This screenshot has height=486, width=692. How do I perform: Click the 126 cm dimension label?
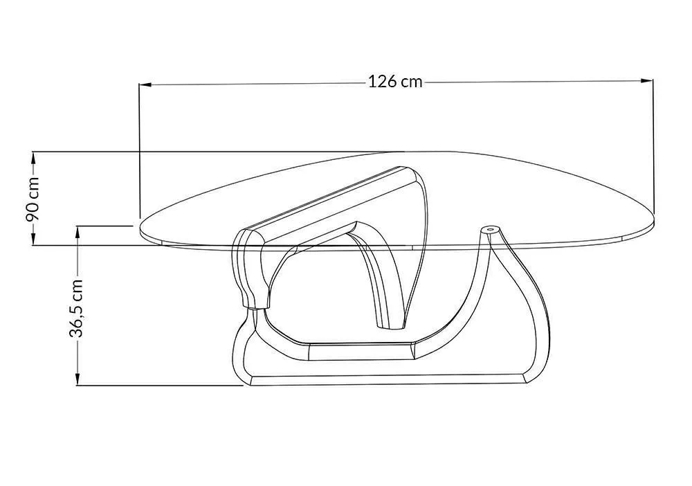395,82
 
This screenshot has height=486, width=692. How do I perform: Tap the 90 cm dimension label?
33,199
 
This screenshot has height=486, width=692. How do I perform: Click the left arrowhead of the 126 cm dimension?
145,84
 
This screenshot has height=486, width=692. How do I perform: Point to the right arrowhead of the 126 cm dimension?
647,80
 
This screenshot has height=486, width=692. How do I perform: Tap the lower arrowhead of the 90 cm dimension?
33,238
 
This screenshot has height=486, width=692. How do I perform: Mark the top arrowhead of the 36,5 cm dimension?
78,232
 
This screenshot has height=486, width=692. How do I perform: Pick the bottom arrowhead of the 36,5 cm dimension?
78,379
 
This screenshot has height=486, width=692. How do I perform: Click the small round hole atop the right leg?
489,230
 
